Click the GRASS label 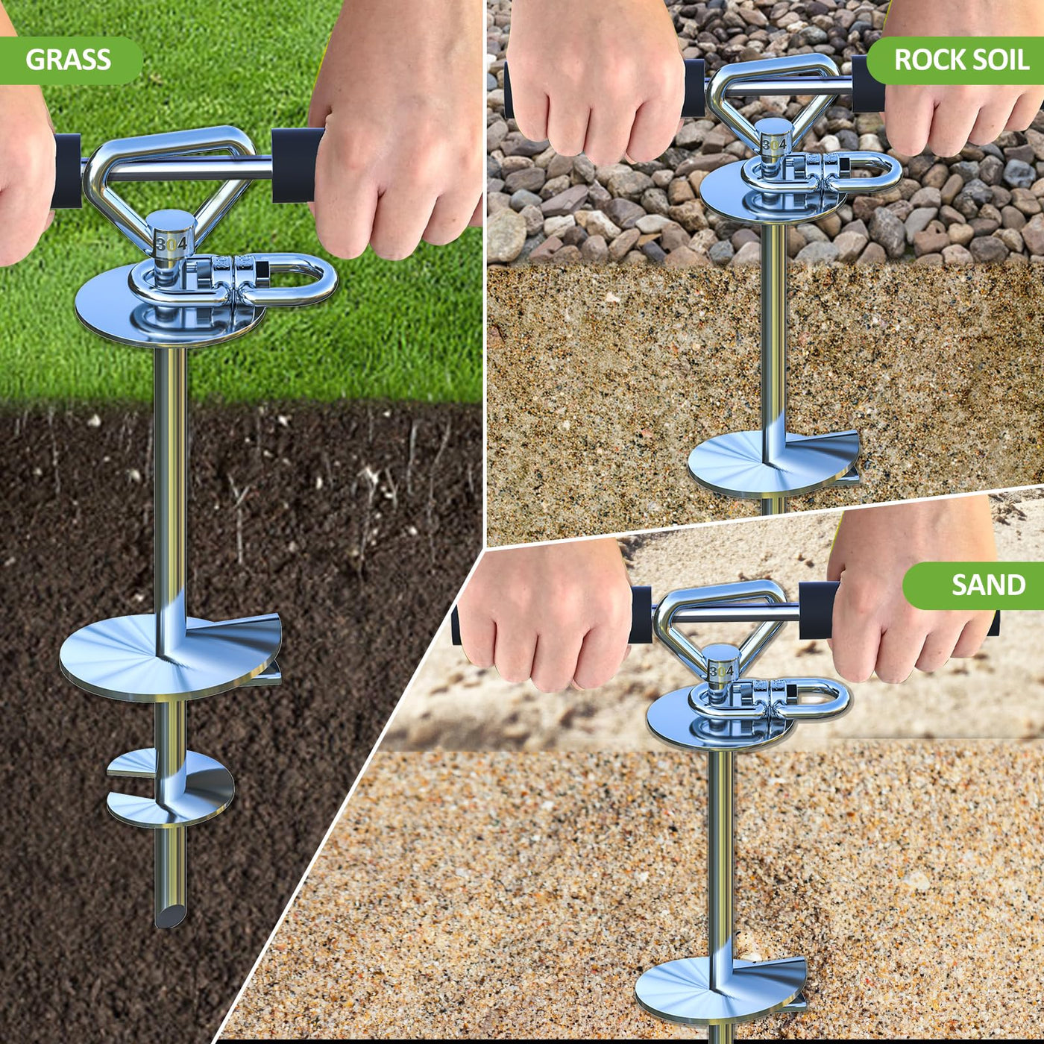pos(68,60)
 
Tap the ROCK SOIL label pos(961,60)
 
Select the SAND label pos(988,585)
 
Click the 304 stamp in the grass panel pos(172,243)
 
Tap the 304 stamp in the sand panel pos(722,671)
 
